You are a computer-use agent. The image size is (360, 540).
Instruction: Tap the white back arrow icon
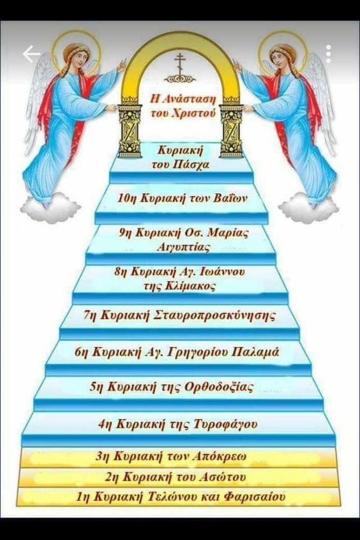(x=31, y=54)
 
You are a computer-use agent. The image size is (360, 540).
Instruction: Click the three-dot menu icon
(x=328, y=54)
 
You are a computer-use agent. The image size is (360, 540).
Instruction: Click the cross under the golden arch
(x=179, y=65)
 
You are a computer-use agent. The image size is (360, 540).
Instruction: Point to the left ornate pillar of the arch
(x=130, y=128)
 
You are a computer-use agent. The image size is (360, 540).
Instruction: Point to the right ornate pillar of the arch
(x=231, y=128)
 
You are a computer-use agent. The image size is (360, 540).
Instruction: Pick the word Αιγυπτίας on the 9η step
(x=183, y=247)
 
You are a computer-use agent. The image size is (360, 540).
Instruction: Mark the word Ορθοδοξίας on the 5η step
(x=219, y=387)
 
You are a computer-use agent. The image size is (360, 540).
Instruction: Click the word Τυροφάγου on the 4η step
(x=226, y=424)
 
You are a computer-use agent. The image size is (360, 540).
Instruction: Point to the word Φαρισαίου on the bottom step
(x=255, y=497)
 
